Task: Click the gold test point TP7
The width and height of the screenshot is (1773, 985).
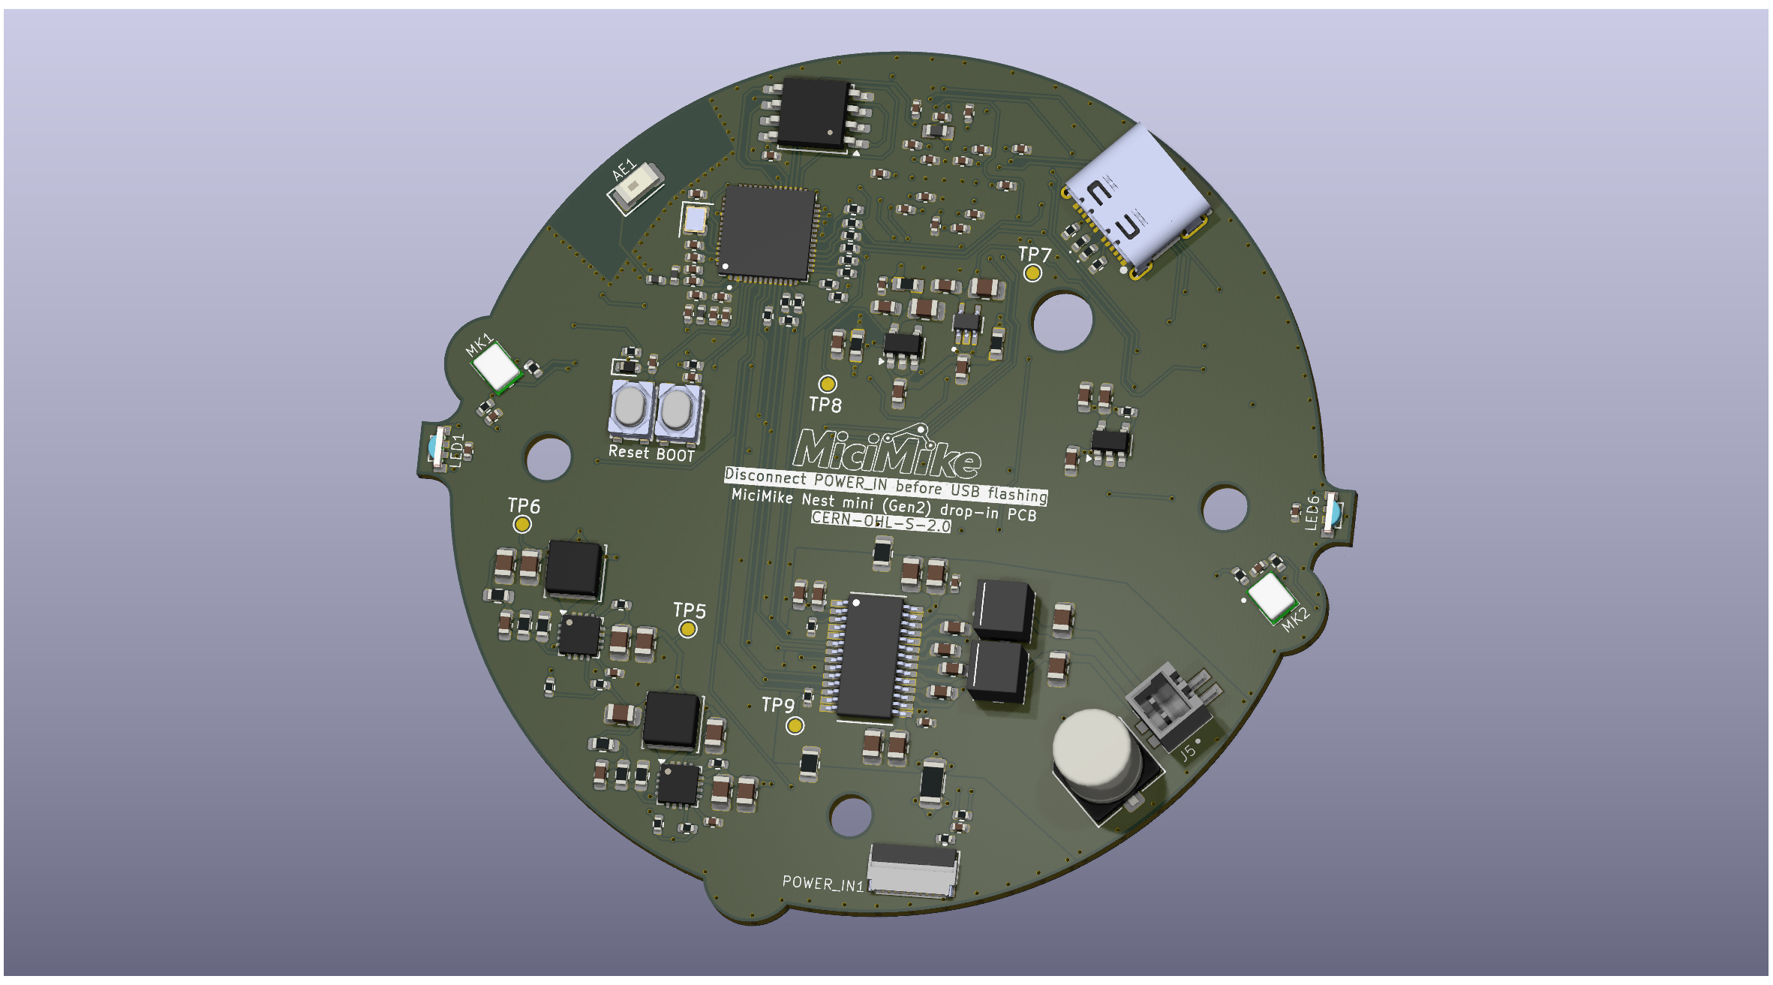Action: click(1032, 273)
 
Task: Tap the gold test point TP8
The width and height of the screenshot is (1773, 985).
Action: click(827, 384)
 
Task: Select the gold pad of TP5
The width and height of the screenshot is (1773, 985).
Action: click(687, 629)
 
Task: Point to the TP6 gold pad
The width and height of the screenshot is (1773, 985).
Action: click(522, 524)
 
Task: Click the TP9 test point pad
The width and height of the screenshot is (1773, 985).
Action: click(795, 725)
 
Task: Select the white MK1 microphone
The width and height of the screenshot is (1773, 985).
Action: click(495, 368)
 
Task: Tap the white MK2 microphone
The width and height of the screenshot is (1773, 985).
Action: click(1271, 598)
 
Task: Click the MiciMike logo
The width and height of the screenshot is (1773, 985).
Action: click(888, 453)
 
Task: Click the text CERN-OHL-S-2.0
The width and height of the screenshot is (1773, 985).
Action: click(881, 521)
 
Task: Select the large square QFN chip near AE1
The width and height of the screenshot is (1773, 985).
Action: click(767, 233)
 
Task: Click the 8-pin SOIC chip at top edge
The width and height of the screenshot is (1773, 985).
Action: click(815, 115)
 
